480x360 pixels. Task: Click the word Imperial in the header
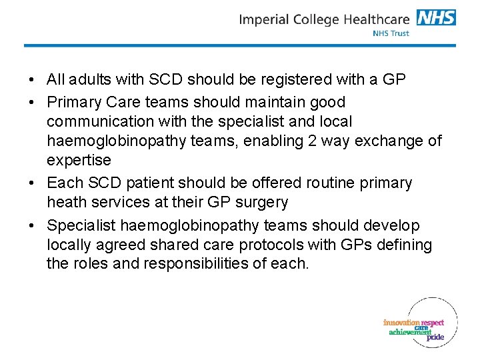tap(264, 19)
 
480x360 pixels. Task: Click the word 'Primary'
tap(73, 103)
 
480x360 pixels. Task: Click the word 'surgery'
tap(263, 202)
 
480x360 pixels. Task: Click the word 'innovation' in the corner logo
tap(401, 323)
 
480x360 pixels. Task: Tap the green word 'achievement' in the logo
tap(410, 332)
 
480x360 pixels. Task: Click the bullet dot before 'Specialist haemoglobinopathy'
tap(32, 225)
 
